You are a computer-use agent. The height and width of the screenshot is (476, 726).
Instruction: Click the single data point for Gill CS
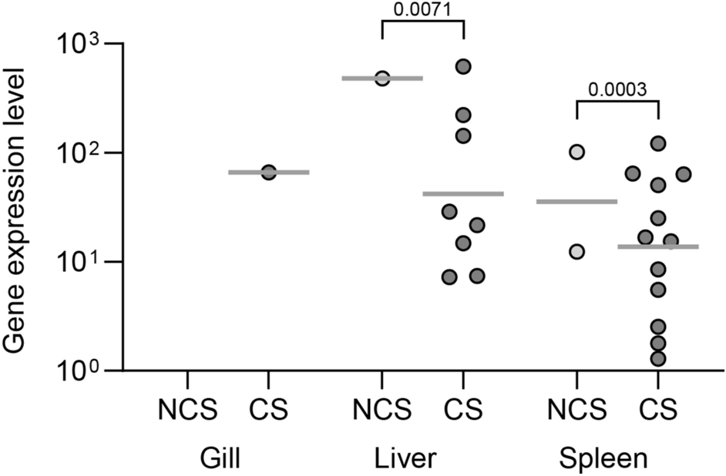point(268,173)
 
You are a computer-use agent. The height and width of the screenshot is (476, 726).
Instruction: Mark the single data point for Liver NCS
point(382,79)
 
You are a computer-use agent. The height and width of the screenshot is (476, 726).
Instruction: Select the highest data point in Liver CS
point(463,66)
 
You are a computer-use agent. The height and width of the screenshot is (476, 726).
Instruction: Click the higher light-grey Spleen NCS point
point(576,153)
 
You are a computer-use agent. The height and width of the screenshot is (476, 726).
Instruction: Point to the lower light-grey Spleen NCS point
point(576,252)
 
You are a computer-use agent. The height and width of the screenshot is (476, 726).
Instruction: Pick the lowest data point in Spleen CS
point(658,358)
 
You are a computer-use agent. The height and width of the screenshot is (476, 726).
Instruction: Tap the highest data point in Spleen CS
point(658,143)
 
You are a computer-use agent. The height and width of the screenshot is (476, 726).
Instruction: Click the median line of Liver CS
point(463,194)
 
